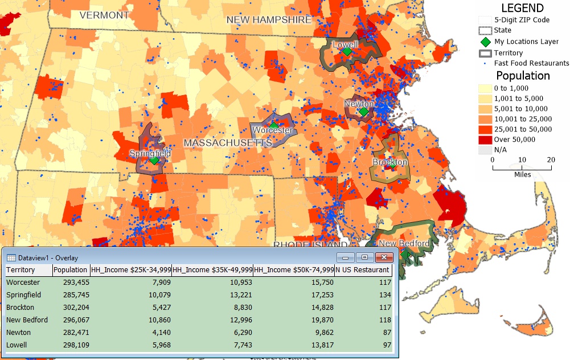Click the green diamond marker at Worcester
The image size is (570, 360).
coord(274,125)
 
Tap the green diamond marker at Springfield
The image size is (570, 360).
coord(154,161)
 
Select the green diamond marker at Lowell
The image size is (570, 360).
coord(347,51)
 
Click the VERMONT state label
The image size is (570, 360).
coord(104,15)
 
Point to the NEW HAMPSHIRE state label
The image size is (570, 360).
coord(269,20)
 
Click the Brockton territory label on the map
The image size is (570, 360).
coord(390,162)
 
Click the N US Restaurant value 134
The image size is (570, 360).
coord(384,294)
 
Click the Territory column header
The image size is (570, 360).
coord(20,269)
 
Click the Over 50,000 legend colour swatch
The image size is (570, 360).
coord(485,140)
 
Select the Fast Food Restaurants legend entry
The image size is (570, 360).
coord(531,63)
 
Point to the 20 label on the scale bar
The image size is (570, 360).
coord(551,160)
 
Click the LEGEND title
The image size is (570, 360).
coord(522,8)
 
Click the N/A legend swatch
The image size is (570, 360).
coord(485,150)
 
